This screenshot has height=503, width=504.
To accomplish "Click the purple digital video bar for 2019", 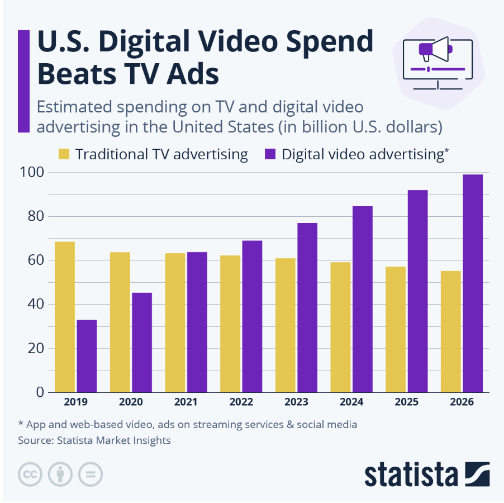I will (x=87, y=356).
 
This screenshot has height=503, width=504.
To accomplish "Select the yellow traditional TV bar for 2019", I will (x=65, y=317).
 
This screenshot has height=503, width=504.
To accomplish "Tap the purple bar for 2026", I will (x=473, y=283).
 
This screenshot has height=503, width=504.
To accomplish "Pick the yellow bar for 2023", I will (x=285, y=325).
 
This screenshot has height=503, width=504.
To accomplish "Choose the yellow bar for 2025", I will (x=396, y=329).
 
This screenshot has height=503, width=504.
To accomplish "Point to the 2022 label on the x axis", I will (x=241, y=402).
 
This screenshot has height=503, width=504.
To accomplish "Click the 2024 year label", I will (x=351, y=402).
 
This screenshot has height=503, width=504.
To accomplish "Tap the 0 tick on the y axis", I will (x=40, y=392).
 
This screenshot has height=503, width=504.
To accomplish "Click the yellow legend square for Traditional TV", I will (x=64, y=155).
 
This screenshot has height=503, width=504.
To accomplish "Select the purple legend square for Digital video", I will (x=270, y=155).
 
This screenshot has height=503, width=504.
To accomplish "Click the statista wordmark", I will (x=411, y=474).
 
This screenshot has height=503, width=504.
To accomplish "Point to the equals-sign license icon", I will (x=90, y=474).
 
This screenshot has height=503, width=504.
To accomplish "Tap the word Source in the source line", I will (x=35, y=440).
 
